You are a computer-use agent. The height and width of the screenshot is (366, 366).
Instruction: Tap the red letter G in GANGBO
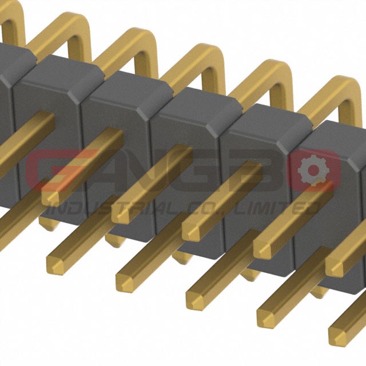pos(61,170)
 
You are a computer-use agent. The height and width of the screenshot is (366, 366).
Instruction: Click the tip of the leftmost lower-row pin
pos(55,265)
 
